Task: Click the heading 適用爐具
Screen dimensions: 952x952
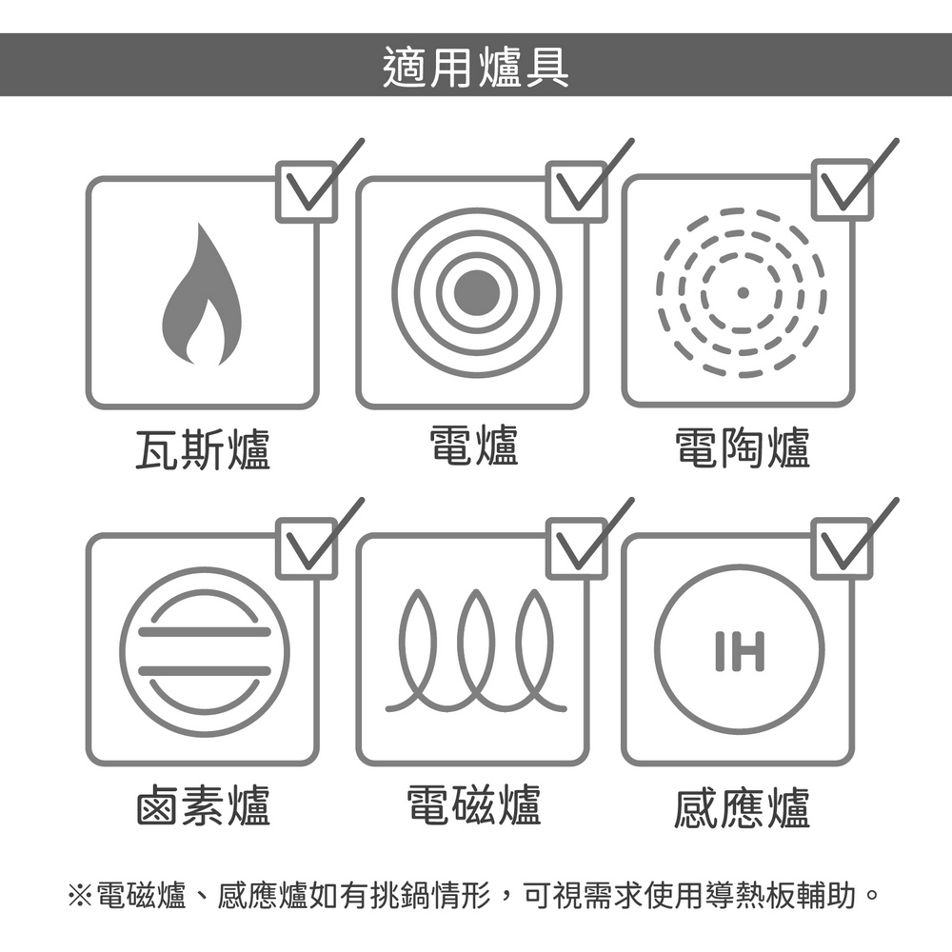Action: click(476, 67)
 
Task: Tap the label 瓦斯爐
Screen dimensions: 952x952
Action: click(203, 449)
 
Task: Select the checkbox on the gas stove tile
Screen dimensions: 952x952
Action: click(307, 191)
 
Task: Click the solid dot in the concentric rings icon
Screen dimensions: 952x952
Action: click(477, 292)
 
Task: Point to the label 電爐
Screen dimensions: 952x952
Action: click(474, 446)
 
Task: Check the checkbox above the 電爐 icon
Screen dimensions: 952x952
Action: click(577, 191)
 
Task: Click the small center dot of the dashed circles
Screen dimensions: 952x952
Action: click(742, 292)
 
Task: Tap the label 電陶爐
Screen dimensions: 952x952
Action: click(744, 448)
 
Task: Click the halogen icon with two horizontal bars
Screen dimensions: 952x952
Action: click(205, 652)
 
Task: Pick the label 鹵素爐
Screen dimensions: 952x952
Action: click(203, 805)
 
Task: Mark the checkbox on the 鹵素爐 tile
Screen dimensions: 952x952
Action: click(307, 548)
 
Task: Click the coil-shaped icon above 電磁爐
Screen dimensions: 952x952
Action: click(476, 650)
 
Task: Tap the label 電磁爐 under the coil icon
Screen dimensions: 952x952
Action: click(474, 804)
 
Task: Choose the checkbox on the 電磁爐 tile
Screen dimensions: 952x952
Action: click(577, 548)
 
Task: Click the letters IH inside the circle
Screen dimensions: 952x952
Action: click(740, 651)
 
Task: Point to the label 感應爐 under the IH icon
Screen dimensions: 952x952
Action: click(743, 807)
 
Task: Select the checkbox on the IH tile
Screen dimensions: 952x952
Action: click(843, 548)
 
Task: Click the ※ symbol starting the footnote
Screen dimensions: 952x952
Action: click(80, 895)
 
